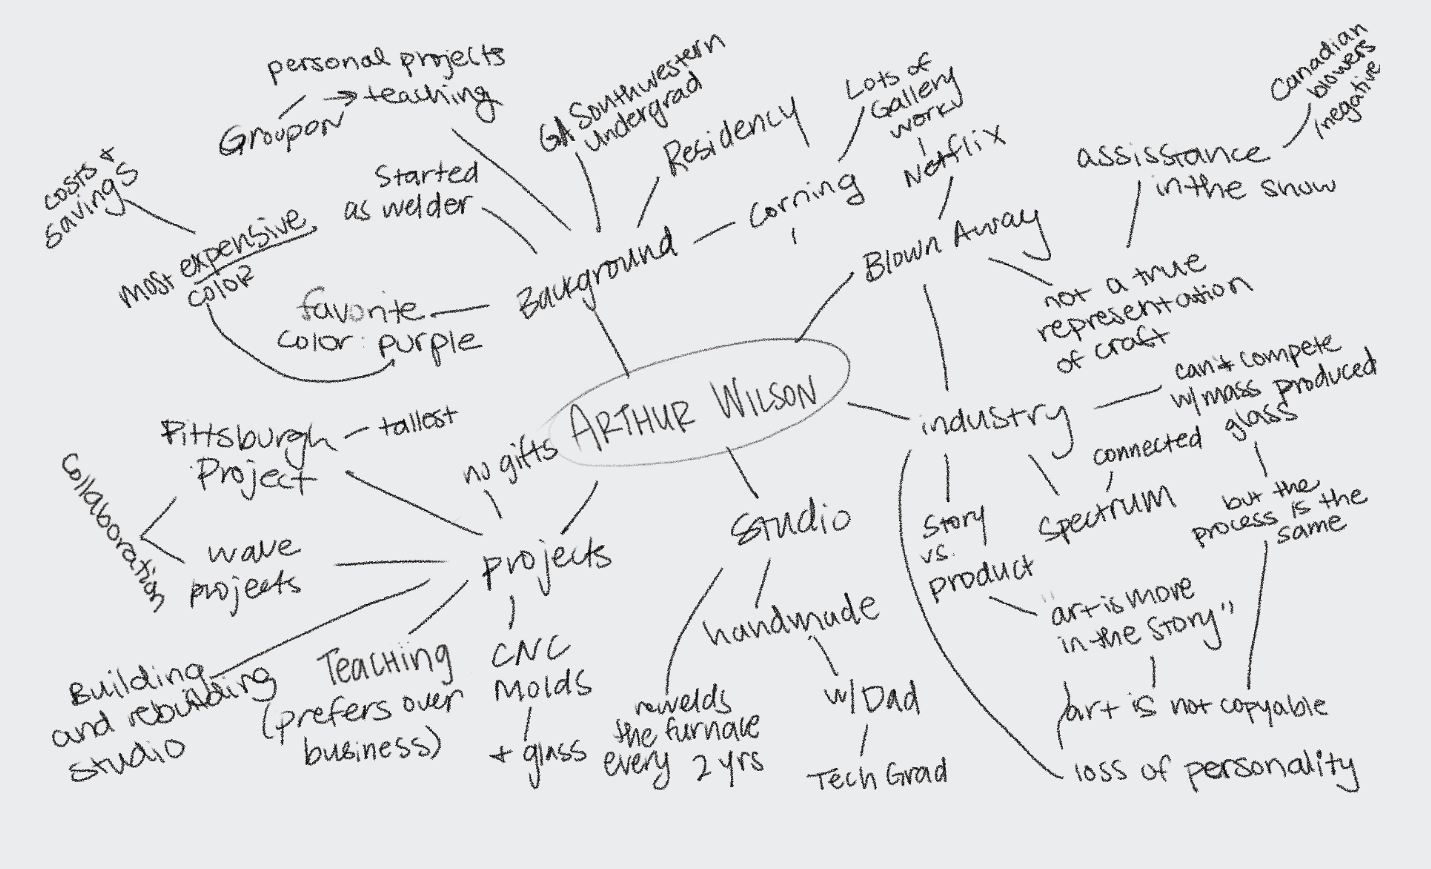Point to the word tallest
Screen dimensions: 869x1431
(x=418, y=422)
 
